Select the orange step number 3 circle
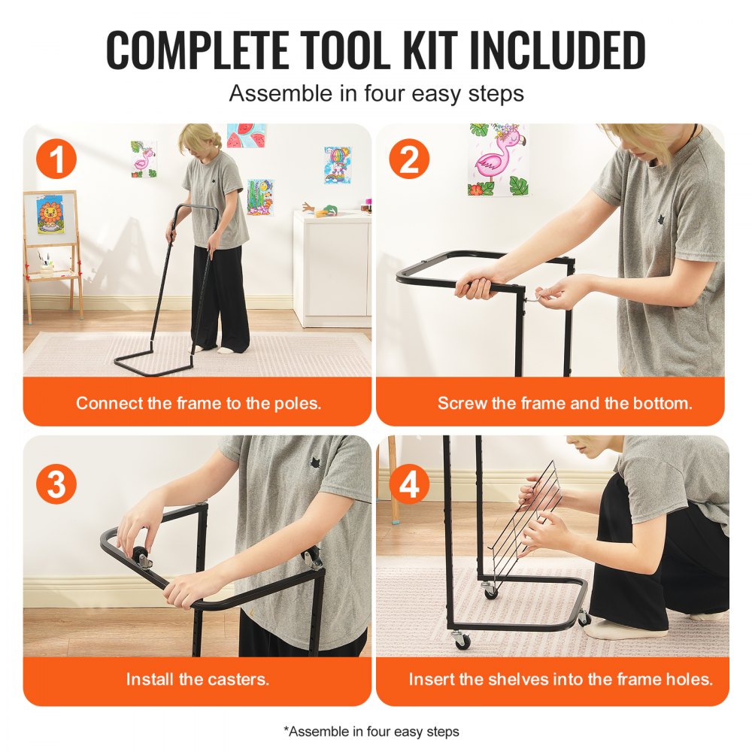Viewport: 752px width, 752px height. pos(56,486)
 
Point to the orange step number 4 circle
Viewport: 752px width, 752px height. pos(408,486)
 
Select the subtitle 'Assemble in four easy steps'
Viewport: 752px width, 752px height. pos(376,94)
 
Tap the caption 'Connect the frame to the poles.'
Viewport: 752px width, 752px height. pos(199,403)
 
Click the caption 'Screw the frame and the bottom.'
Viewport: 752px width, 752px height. pos(565,403)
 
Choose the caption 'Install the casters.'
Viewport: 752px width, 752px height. pos(198,680)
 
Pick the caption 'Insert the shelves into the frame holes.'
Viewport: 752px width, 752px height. pos(560,680)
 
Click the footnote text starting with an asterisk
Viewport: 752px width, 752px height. pos(371,731)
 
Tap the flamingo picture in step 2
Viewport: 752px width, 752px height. pos(497,160)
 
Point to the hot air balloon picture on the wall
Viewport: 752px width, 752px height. pos(337,165)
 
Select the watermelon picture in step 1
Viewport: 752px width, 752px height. pos(246,135)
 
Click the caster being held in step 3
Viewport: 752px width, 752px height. pos(140,557)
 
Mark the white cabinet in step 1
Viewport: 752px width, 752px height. pos(332,267)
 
